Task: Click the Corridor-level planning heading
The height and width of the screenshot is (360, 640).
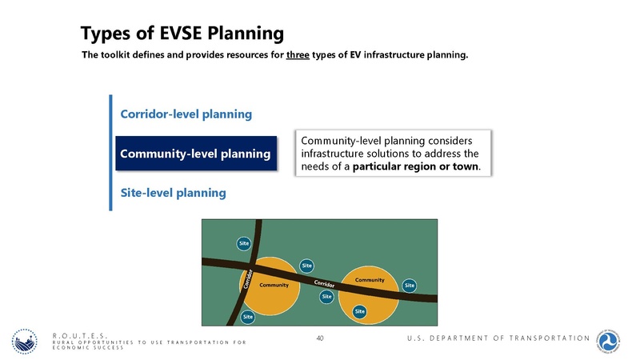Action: coord(186,114)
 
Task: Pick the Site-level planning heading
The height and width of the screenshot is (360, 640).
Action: coord(173,192)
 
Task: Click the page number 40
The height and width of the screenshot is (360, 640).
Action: coord(320,339)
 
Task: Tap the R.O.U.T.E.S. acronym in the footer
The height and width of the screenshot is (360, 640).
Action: coord(80,335)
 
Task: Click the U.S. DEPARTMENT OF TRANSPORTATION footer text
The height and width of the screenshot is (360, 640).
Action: coord(496,339)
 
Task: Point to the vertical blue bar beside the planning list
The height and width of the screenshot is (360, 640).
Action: coord(110,152)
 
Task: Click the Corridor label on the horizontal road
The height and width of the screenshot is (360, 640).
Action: coord(323,286)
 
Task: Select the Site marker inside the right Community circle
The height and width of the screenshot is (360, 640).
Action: coord(360,310)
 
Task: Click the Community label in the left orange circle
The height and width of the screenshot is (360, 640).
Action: coord(274,285)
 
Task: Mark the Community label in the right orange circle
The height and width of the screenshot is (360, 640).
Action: coord(370,279)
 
